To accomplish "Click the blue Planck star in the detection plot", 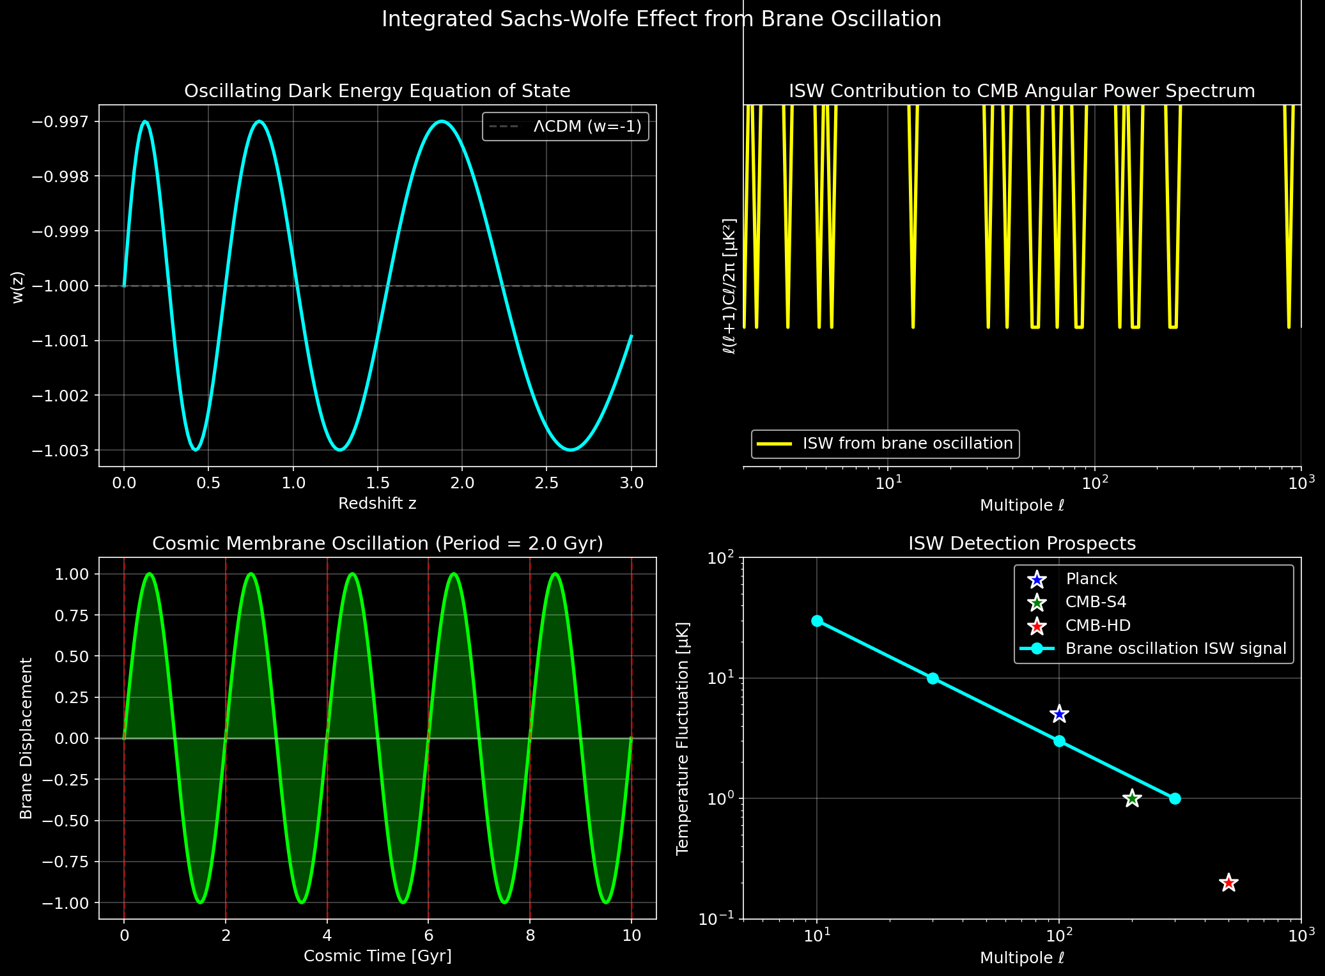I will point(1059,714).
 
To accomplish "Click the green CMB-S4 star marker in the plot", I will point(1132,798).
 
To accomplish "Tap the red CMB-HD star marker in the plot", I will point(1228,883).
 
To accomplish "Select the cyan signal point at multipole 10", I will point(817,621).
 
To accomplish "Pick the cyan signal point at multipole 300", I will point(1175,798).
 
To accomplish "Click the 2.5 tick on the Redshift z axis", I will point(546,483).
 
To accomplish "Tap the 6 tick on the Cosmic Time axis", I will point(428,936).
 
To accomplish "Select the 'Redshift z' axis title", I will point(377,504).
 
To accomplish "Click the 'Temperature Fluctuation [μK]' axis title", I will point(683,738).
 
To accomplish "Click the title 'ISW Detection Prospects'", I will point(1021,543).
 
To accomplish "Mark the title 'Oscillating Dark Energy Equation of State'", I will point(377,91).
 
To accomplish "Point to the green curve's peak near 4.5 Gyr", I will point(352,574).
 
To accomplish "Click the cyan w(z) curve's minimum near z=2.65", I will point(571,450).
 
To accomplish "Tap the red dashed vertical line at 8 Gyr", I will point(530,831).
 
